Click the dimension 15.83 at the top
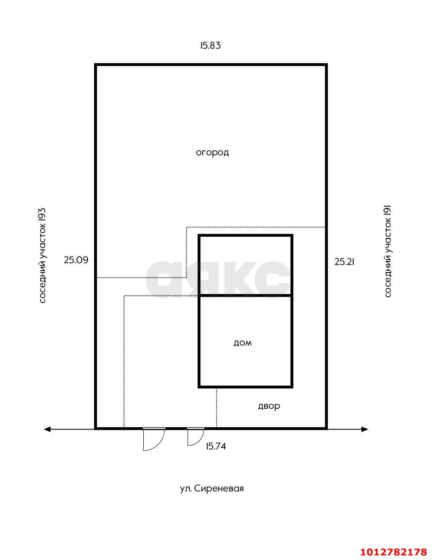pos(210,46)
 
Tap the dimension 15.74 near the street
pos(216,446)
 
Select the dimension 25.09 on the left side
pos(76,260)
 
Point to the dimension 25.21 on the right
pos(345,262)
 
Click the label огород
pos(212,153)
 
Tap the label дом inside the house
pos(242,343)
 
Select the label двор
pos(269,406)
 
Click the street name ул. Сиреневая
pos(212,489)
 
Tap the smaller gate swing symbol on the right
pos(195,437)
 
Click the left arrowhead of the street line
pos(47,429)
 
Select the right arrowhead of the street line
pos(365,429)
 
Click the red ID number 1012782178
pos(393,552)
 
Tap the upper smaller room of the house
pos(245,265)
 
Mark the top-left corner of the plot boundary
pos(96,65)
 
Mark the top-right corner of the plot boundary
pos(326,65)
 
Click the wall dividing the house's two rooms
pos(245,295)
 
